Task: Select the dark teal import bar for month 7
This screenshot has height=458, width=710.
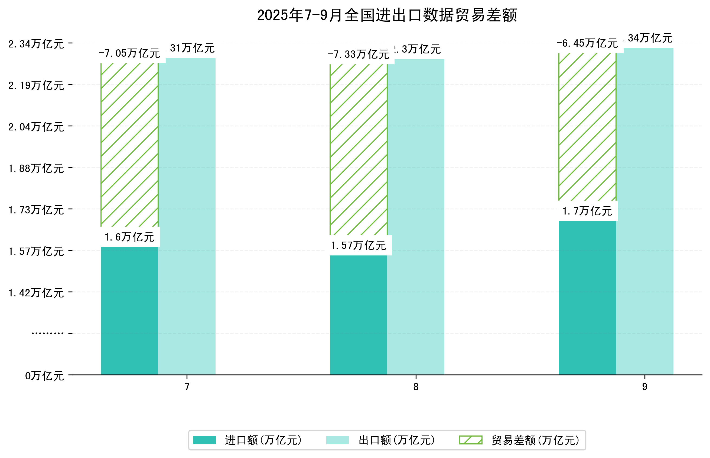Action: point(129,311)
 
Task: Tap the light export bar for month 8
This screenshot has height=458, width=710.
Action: point(416,217)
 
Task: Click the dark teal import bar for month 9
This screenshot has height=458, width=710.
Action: point(587,297)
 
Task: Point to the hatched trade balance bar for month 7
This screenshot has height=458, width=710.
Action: point(129,145)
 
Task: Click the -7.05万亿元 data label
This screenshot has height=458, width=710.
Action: point(129,53)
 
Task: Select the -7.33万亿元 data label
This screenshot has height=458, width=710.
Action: point(359,55)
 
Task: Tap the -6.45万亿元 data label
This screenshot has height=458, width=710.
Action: point(587,43)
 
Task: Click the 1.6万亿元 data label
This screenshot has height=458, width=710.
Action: point(129,237)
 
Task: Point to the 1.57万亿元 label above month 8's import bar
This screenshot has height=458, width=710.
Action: point(359,245)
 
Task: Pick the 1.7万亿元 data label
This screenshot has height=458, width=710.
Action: point(587,211)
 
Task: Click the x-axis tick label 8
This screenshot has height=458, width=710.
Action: point(416,387)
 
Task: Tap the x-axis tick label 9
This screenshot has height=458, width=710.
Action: point(645,387)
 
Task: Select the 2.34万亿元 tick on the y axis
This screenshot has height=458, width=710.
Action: point(36,44)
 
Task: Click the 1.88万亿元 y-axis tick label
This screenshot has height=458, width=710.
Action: point(36,168)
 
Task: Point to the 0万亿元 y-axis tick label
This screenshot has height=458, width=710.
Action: point(44,376)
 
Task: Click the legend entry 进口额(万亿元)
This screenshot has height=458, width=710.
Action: point(263,440)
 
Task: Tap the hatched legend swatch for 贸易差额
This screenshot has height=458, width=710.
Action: point(470,440)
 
